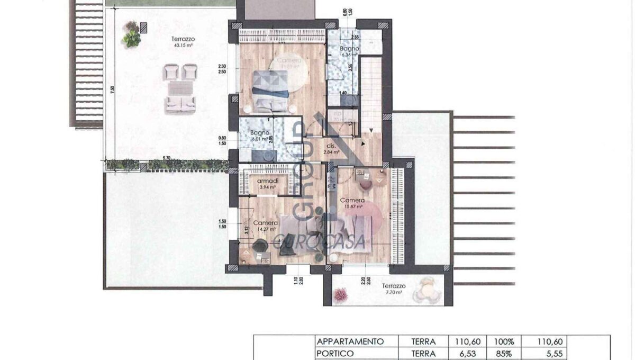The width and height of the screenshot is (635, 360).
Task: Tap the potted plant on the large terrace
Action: pos(130,34)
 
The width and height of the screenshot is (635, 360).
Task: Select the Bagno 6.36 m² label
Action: pos(350,51)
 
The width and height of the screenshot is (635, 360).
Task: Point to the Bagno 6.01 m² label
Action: pos(260,136)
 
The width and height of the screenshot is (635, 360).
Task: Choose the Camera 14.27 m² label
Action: pos(265,226)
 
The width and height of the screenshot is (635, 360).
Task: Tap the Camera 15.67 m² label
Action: pos(352,203)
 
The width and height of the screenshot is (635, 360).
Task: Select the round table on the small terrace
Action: pos(427,290)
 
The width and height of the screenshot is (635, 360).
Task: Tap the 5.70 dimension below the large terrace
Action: pos(166,158)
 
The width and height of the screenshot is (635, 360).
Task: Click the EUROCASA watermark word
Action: pos(320,241)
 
